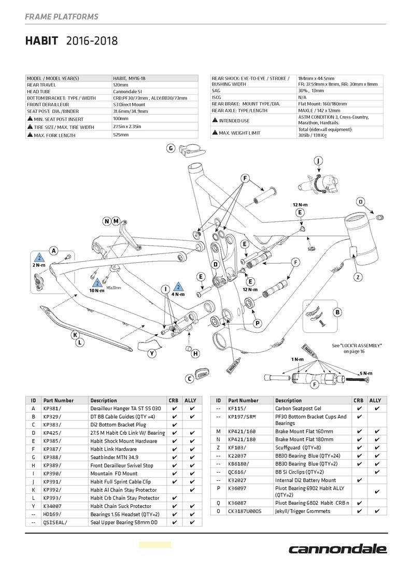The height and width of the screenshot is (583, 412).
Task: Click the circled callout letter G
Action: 171,148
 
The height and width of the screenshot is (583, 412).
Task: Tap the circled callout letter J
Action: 318,160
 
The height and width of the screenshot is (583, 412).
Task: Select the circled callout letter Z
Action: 358,277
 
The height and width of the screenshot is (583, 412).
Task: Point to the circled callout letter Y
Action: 152,353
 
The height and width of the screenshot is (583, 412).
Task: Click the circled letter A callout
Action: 53,251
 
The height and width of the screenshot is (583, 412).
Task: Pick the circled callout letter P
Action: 258,323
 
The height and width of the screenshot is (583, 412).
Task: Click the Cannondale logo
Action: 337,549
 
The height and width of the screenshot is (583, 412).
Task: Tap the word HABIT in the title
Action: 41,41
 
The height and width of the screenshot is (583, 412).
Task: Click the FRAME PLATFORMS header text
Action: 61,17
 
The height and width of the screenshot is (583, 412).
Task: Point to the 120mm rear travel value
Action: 120,84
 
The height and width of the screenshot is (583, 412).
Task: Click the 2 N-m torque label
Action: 38,265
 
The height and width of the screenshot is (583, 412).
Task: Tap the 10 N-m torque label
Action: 97,290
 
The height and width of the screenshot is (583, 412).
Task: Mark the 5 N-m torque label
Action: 366,373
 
